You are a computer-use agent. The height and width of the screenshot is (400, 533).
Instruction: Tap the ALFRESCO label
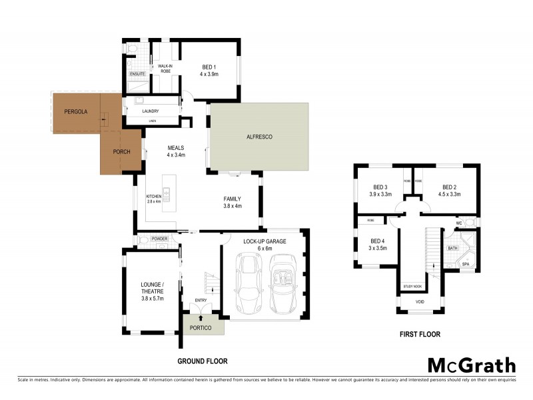[x=259, y=137]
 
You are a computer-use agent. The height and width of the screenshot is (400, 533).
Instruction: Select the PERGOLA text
[x=76, y=111]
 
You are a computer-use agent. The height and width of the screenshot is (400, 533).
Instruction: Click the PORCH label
[x=121, y=152]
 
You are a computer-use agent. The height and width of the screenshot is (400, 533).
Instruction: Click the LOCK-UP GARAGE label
[x=265, y=241]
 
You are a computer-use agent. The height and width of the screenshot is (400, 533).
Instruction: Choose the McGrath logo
[x=471, y=365]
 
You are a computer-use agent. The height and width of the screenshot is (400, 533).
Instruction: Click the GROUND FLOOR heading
[x=202, y=361]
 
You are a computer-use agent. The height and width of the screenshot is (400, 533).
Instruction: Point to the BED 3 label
[x=380, y=187]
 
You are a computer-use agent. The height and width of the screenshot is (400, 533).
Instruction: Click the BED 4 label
[x=378, y=241]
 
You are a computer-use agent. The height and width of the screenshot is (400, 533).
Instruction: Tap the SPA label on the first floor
[x=466, y=264]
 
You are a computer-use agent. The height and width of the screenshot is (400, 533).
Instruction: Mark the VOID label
[x=419, y=301]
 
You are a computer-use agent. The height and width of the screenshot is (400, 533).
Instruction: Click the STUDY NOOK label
[x=412, y=287]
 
